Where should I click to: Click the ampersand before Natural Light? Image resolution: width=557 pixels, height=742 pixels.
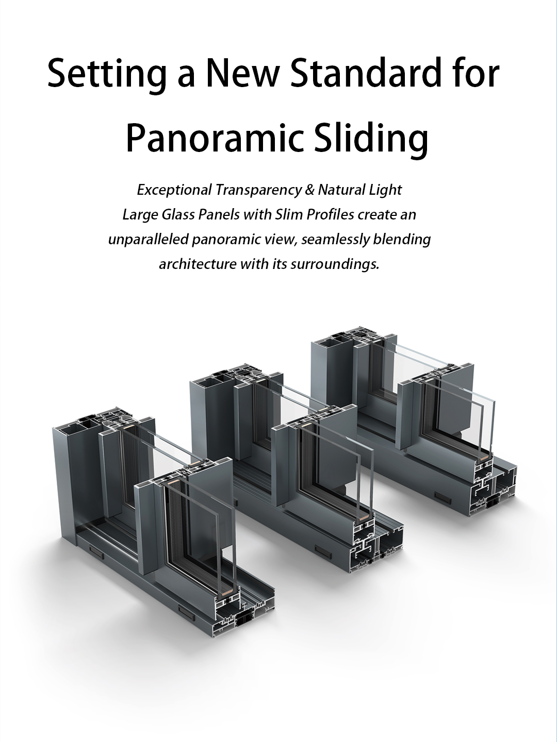pos(309,190)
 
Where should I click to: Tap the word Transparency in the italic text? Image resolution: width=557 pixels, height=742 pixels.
pos(258,191)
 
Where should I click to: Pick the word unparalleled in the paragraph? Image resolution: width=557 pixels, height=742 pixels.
pos(148,240)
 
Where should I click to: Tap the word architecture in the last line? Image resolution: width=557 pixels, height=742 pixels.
pos(198,264)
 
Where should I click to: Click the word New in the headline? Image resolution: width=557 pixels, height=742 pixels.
pos(243,73)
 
